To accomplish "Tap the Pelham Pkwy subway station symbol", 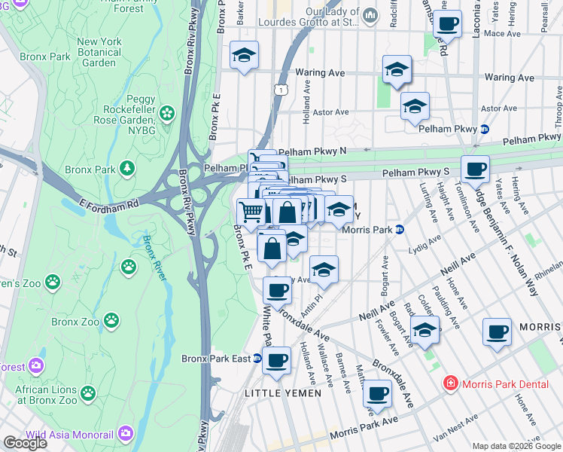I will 485,129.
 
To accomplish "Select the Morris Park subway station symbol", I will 400,230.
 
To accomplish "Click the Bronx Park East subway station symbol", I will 258,359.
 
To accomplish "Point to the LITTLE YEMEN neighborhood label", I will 282,393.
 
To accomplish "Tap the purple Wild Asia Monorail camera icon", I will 125,434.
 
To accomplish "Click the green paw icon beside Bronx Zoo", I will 111,322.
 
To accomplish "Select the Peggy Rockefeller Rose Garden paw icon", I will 166,114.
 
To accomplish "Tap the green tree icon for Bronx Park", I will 129,167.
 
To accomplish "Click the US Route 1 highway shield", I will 279,89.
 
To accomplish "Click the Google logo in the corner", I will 25,443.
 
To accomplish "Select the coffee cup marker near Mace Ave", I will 448,24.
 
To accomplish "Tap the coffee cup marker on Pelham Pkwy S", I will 474,169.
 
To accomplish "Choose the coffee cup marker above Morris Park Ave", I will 377,392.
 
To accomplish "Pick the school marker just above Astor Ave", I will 414,107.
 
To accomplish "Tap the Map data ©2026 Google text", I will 516,445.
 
